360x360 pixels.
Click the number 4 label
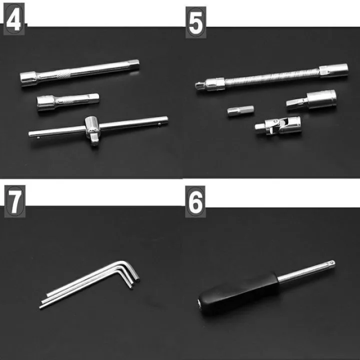14,19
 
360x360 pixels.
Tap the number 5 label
196,22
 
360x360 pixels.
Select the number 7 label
15,201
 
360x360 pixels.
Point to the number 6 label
195,202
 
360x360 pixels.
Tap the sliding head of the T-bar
93,130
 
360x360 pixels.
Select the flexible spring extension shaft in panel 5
272,77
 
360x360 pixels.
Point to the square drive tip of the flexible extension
199,85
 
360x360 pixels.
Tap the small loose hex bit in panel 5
240,111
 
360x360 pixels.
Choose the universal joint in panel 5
278,126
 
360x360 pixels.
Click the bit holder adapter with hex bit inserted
311,99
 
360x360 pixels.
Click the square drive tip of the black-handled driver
331,263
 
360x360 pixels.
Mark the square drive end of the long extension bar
133,64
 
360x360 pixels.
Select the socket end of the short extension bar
45,103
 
